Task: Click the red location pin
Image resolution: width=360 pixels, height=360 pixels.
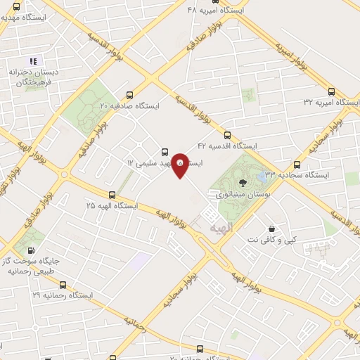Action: [x=180, y=165]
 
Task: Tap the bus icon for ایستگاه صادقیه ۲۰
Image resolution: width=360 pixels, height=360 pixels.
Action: [x=129, y=94]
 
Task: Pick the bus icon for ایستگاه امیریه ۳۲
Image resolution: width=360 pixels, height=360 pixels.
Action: [x=332, y=91]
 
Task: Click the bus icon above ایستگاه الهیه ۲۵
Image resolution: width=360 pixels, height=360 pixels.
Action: [x=112, y=194]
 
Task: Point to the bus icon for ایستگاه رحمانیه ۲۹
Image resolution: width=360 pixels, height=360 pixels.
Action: [x=63, y=285]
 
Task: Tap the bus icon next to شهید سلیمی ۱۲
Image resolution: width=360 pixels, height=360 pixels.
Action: [x=165, y=151]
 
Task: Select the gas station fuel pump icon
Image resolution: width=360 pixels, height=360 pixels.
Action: [x=32, y=250]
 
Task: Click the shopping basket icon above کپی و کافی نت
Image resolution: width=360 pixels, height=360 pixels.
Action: [x=271, y=229]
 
